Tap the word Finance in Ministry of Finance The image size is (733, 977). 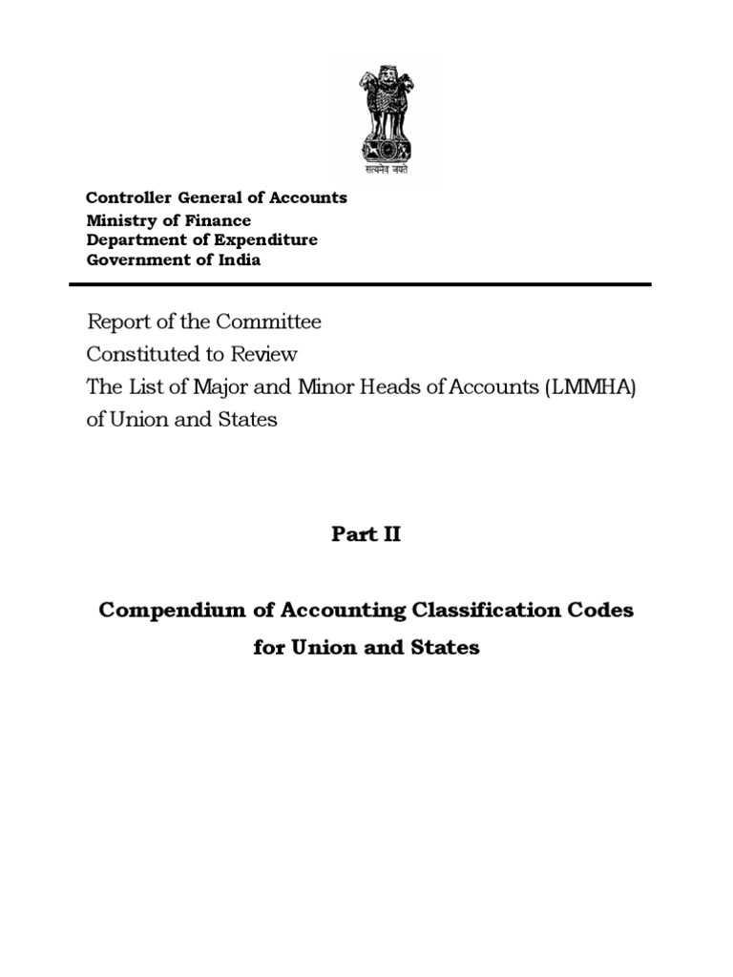[x=220, y=219]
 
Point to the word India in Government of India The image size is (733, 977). [x=239, y=260]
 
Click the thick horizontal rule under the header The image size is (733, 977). [x=360, y=284]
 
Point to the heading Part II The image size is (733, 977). [x=366, y=534]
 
